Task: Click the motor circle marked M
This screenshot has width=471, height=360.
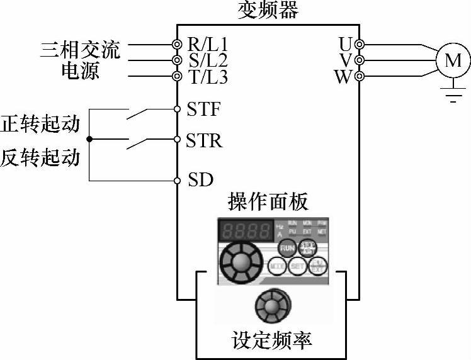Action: tap(453, 60)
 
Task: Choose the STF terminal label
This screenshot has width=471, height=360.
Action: tap(203, 109)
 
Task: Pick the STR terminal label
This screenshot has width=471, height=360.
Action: tap(204, 140)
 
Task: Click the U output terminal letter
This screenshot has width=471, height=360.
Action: tap(345, 44)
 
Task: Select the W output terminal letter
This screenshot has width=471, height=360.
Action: tap(344, 77)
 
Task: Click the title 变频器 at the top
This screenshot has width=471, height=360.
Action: tap(268, 11)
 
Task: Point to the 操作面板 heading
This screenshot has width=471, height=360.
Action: tap(268, 203)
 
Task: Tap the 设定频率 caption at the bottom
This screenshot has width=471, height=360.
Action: tap(271, 340)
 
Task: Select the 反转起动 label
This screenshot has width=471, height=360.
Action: tap(40, 157)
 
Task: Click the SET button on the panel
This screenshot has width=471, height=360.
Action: tap(298, 267)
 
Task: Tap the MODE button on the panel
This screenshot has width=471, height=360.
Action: tap(278, 267)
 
